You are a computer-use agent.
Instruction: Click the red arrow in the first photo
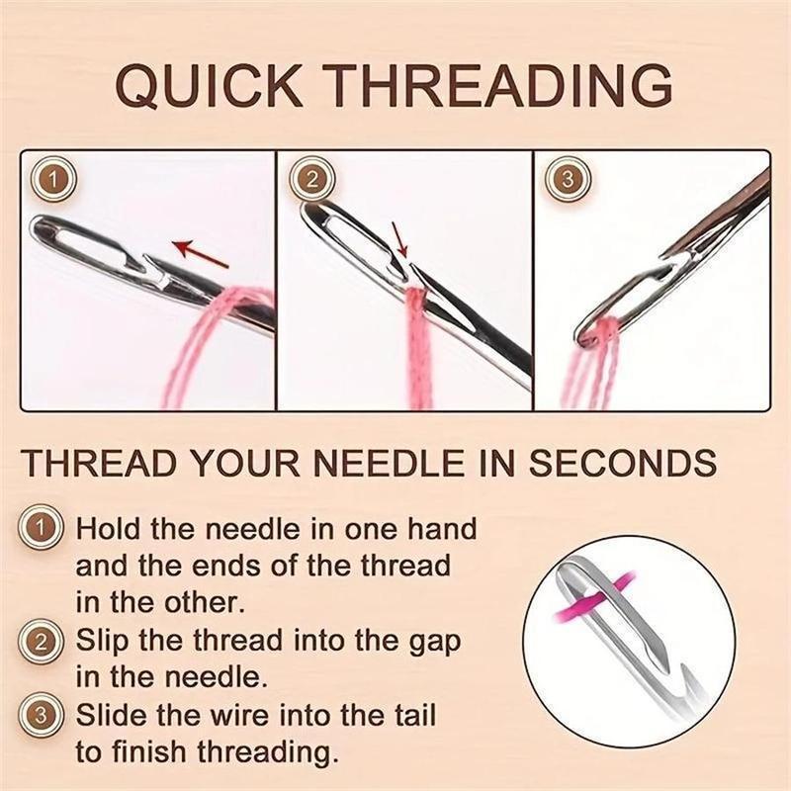204,253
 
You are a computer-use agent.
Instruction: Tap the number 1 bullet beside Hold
41,529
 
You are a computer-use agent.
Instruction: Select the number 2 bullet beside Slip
41,641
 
